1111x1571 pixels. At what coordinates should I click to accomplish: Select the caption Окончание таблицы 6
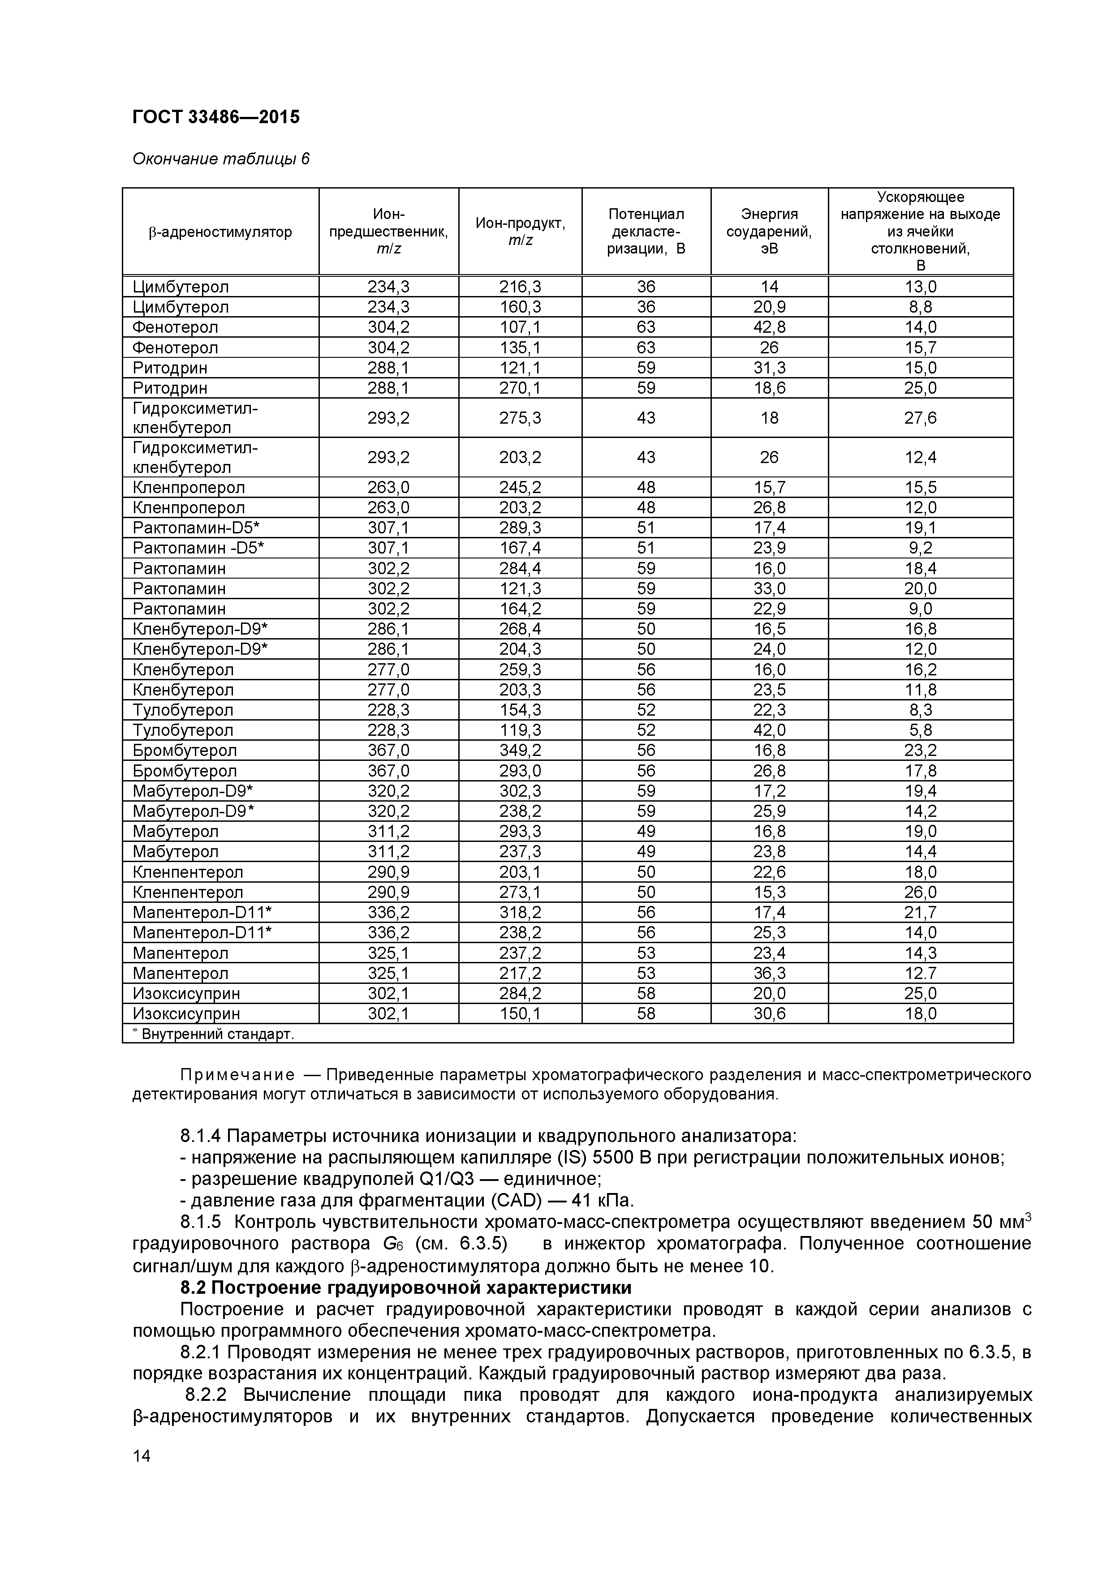220,159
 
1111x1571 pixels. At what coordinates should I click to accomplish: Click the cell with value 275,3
520,417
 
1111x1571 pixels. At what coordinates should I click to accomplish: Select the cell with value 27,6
920,417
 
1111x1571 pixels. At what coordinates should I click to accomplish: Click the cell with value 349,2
520,751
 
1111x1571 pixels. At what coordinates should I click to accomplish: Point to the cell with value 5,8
920,730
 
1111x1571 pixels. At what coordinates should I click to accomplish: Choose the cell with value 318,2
520,912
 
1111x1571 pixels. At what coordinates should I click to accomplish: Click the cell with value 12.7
920,973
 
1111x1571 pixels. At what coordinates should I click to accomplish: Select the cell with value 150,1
520,1013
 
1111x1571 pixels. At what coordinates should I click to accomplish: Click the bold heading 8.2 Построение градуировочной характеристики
405,1288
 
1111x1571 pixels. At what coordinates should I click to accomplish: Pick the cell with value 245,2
520,487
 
